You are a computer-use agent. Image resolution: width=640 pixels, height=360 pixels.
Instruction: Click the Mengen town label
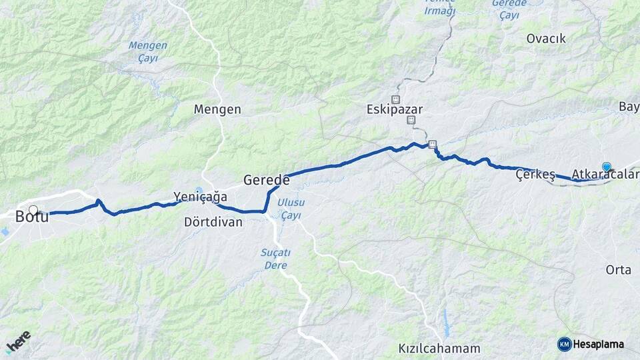[217, 109]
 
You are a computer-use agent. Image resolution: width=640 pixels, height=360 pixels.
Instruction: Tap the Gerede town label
[266, 180]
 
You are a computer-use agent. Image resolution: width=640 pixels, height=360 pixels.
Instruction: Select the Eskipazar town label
[395, 109]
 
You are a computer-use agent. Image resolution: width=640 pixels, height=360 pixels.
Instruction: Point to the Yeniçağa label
[200, 197]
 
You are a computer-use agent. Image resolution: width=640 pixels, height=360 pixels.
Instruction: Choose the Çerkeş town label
[535, 175]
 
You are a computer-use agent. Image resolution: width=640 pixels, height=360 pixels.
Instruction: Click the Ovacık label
[546, 39]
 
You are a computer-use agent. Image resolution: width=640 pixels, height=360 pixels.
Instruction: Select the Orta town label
[618, 270]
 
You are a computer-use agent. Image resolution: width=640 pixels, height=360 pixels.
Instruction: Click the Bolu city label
[31, 216]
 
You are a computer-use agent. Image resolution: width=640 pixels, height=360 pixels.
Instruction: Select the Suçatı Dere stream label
[273, 259]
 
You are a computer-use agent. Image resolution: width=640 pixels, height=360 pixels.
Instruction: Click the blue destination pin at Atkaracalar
[606, 167]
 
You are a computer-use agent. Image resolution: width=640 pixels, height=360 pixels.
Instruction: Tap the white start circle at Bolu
[33, 209]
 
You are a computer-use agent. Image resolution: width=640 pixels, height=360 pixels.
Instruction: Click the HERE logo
[18, 341]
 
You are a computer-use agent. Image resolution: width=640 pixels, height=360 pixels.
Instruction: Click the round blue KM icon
[564, 344]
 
